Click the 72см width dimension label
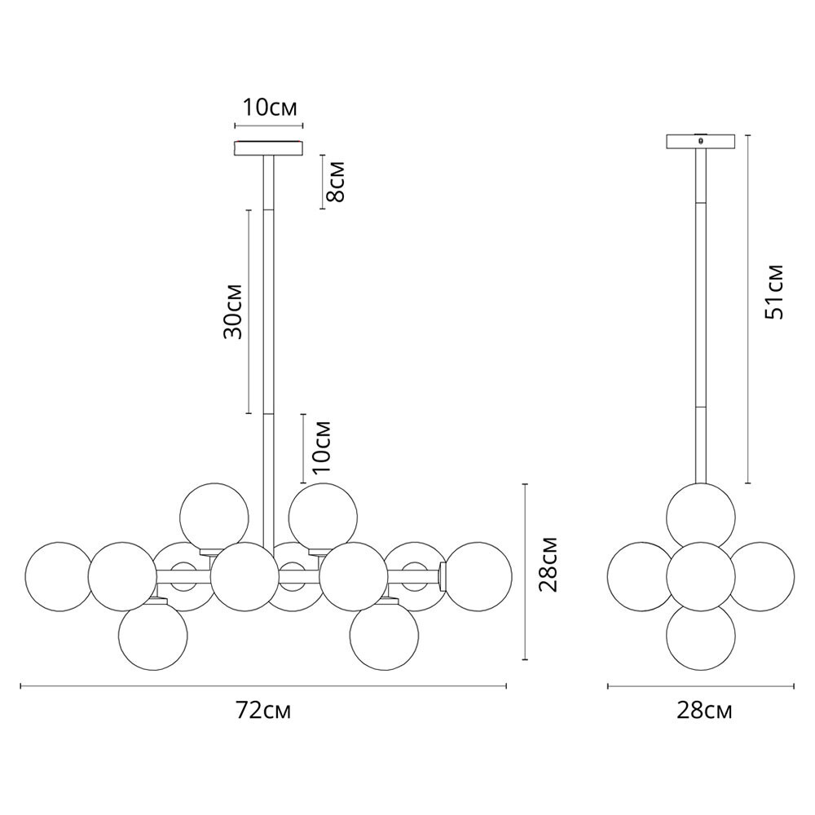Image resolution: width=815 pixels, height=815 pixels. pyautogui.click(x=263, y=711)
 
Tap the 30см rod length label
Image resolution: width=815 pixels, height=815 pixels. pyautogui.click(x=233, y=311)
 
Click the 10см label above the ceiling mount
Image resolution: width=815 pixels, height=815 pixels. pyautogui.click(x=269, y=107)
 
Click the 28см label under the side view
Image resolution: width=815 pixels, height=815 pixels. pyautogui.click(x=704, y=711)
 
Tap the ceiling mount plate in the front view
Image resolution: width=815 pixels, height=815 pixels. pyautogui.click(x=268, y=148)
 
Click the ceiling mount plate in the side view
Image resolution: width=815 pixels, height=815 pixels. pyautogui.click(x=701, y=141)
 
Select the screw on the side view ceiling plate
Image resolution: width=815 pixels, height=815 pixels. pyautogui.click(x=700, y=140)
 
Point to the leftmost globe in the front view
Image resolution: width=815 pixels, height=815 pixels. pyautogui.click(x=58, y=576)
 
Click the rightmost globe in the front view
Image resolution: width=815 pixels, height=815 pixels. pyautogui.click(x=478, y=576)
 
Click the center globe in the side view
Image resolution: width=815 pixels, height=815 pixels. pyautogui.click(x=700, y=575)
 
